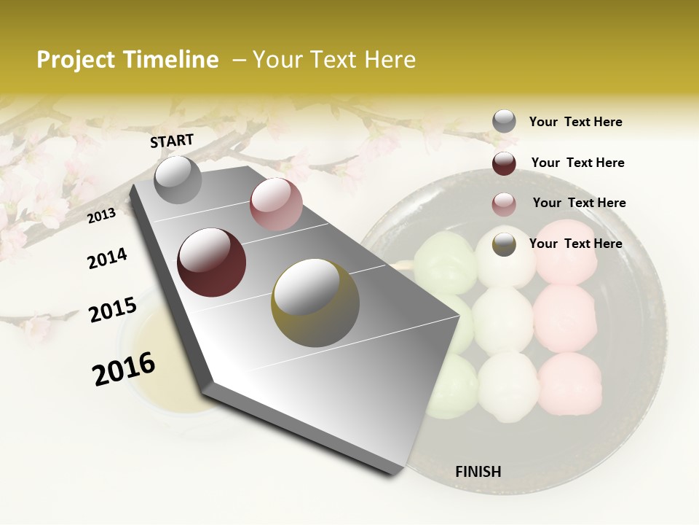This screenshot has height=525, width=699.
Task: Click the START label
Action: point(172,141)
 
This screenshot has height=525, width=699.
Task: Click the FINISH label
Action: point(478,472)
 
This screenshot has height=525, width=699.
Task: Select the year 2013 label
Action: point(101,215)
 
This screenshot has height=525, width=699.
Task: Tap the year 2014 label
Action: point(107,258)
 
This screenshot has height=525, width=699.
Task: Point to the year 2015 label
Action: point(113,310)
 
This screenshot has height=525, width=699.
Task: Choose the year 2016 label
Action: point(124,368)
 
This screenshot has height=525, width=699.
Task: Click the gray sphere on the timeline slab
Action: point(178,179)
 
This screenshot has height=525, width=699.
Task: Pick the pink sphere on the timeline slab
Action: point(276,204)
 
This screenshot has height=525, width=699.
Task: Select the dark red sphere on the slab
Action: point(212,262)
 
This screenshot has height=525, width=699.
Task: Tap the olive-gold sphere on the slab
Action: point(315,303)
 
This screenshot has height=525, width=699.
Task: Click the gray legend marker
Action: point(504,122)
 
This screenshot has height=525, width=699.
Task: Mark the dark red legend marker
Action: point(504,163)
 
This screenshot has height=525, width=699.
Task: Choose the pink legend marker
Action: point(504,203)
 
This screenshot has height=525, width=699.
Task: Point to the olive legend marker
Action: point(504,244)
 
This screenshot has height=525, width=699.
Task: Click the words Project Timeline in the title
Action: point(127,60)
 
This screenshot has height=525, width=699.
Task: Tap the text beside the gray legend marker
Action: point(575,122)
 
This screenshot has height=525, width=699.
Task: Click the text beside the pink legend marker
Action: point(579,203)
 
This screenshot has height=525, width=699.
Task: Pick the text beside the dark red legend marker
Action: point(577,163)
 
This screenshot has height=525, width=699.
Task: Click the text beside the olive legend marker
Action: point(575,244)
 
